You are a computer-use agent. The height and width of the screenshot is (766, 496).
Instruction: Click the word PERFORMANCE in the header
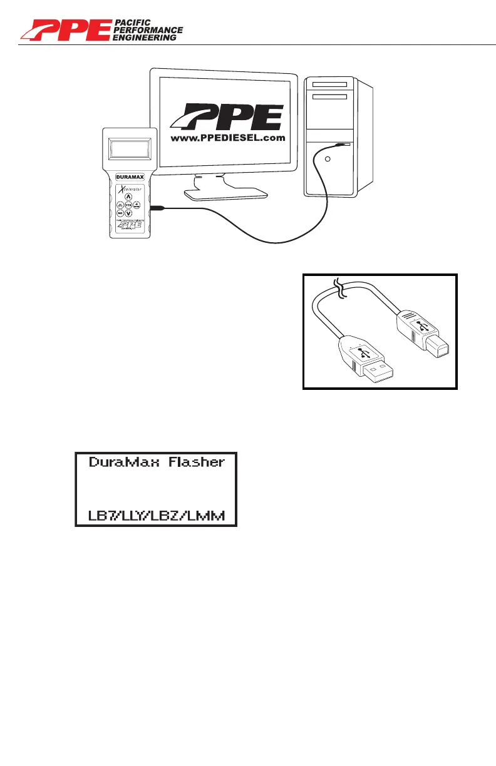[x=148, y=30]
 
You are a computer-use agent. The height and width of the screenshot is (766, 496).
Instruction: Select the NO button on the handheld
[x=119, y=213]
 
